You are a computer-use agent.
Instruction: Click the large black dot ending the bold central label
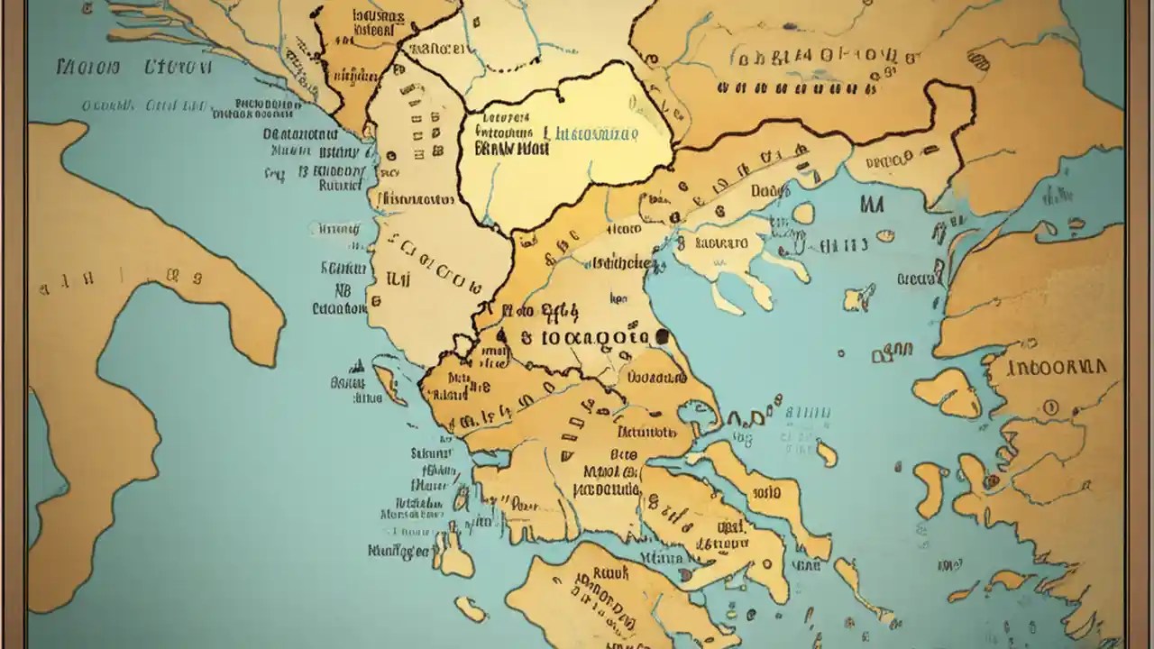pos(663,337)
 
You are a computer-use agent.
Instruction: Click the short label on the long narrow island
pos(765,492)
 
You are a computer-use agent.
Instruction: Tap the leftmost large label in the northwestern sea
pos(88,68)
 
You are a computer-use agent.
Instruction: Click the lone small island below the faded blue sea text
pos(826,453)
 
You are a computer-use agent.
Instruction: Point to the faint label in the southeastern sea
pos(948,565)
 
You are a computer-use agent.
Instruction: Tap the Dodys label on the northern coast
pos(770,190)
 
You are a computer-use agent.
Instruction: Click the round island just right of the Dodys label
pos(803,213)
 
